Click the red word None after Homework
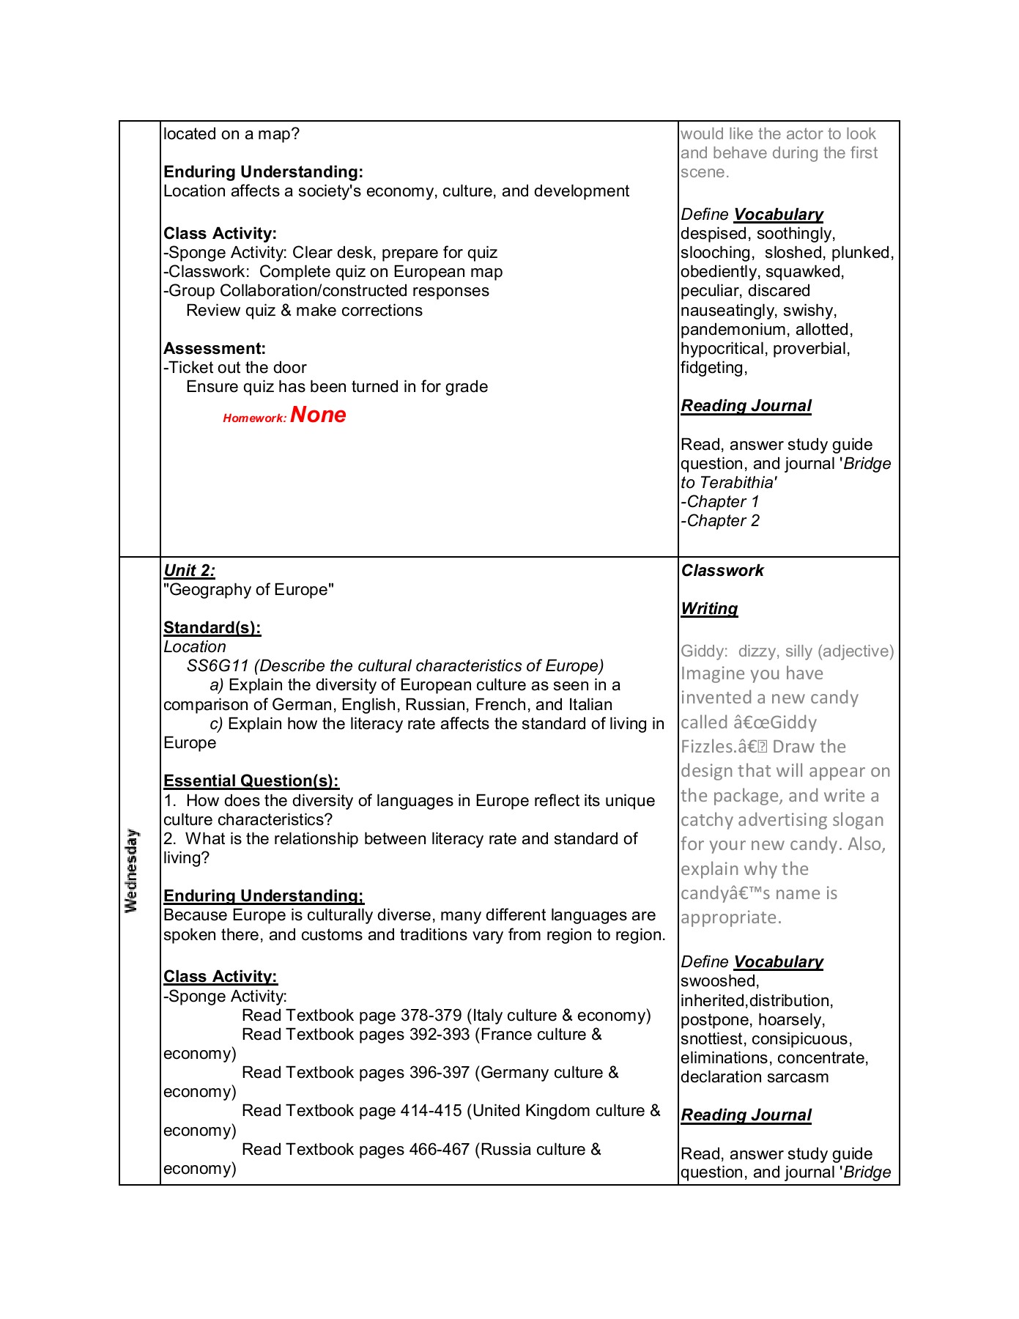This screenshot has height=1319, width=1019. (x=318, y=415)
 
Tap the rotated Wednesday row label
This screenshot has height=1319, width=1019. (x=132, y=871)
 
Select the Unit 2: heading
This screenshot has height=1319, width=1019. (x=189, y=570)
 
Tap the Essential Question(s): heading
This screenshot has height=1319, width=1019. (x=251, y=780)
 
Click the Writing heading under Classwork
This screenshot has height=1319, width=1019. (x=709, y=608)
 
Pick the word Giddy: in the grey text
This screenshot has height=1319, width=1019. (x=704, y=651)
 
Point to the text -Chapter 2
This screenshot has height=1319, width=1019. (x=720, y=520)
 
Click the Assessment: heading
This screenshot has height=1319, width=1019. (x=214, y=348)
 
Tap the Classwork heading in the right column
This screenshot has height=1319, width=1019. (x=722, y=570)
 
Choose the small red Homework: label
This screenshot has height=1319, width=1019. (x=254, y=418)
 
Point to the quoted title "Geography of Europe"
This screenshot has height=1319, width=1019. (x=248, y=589)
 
